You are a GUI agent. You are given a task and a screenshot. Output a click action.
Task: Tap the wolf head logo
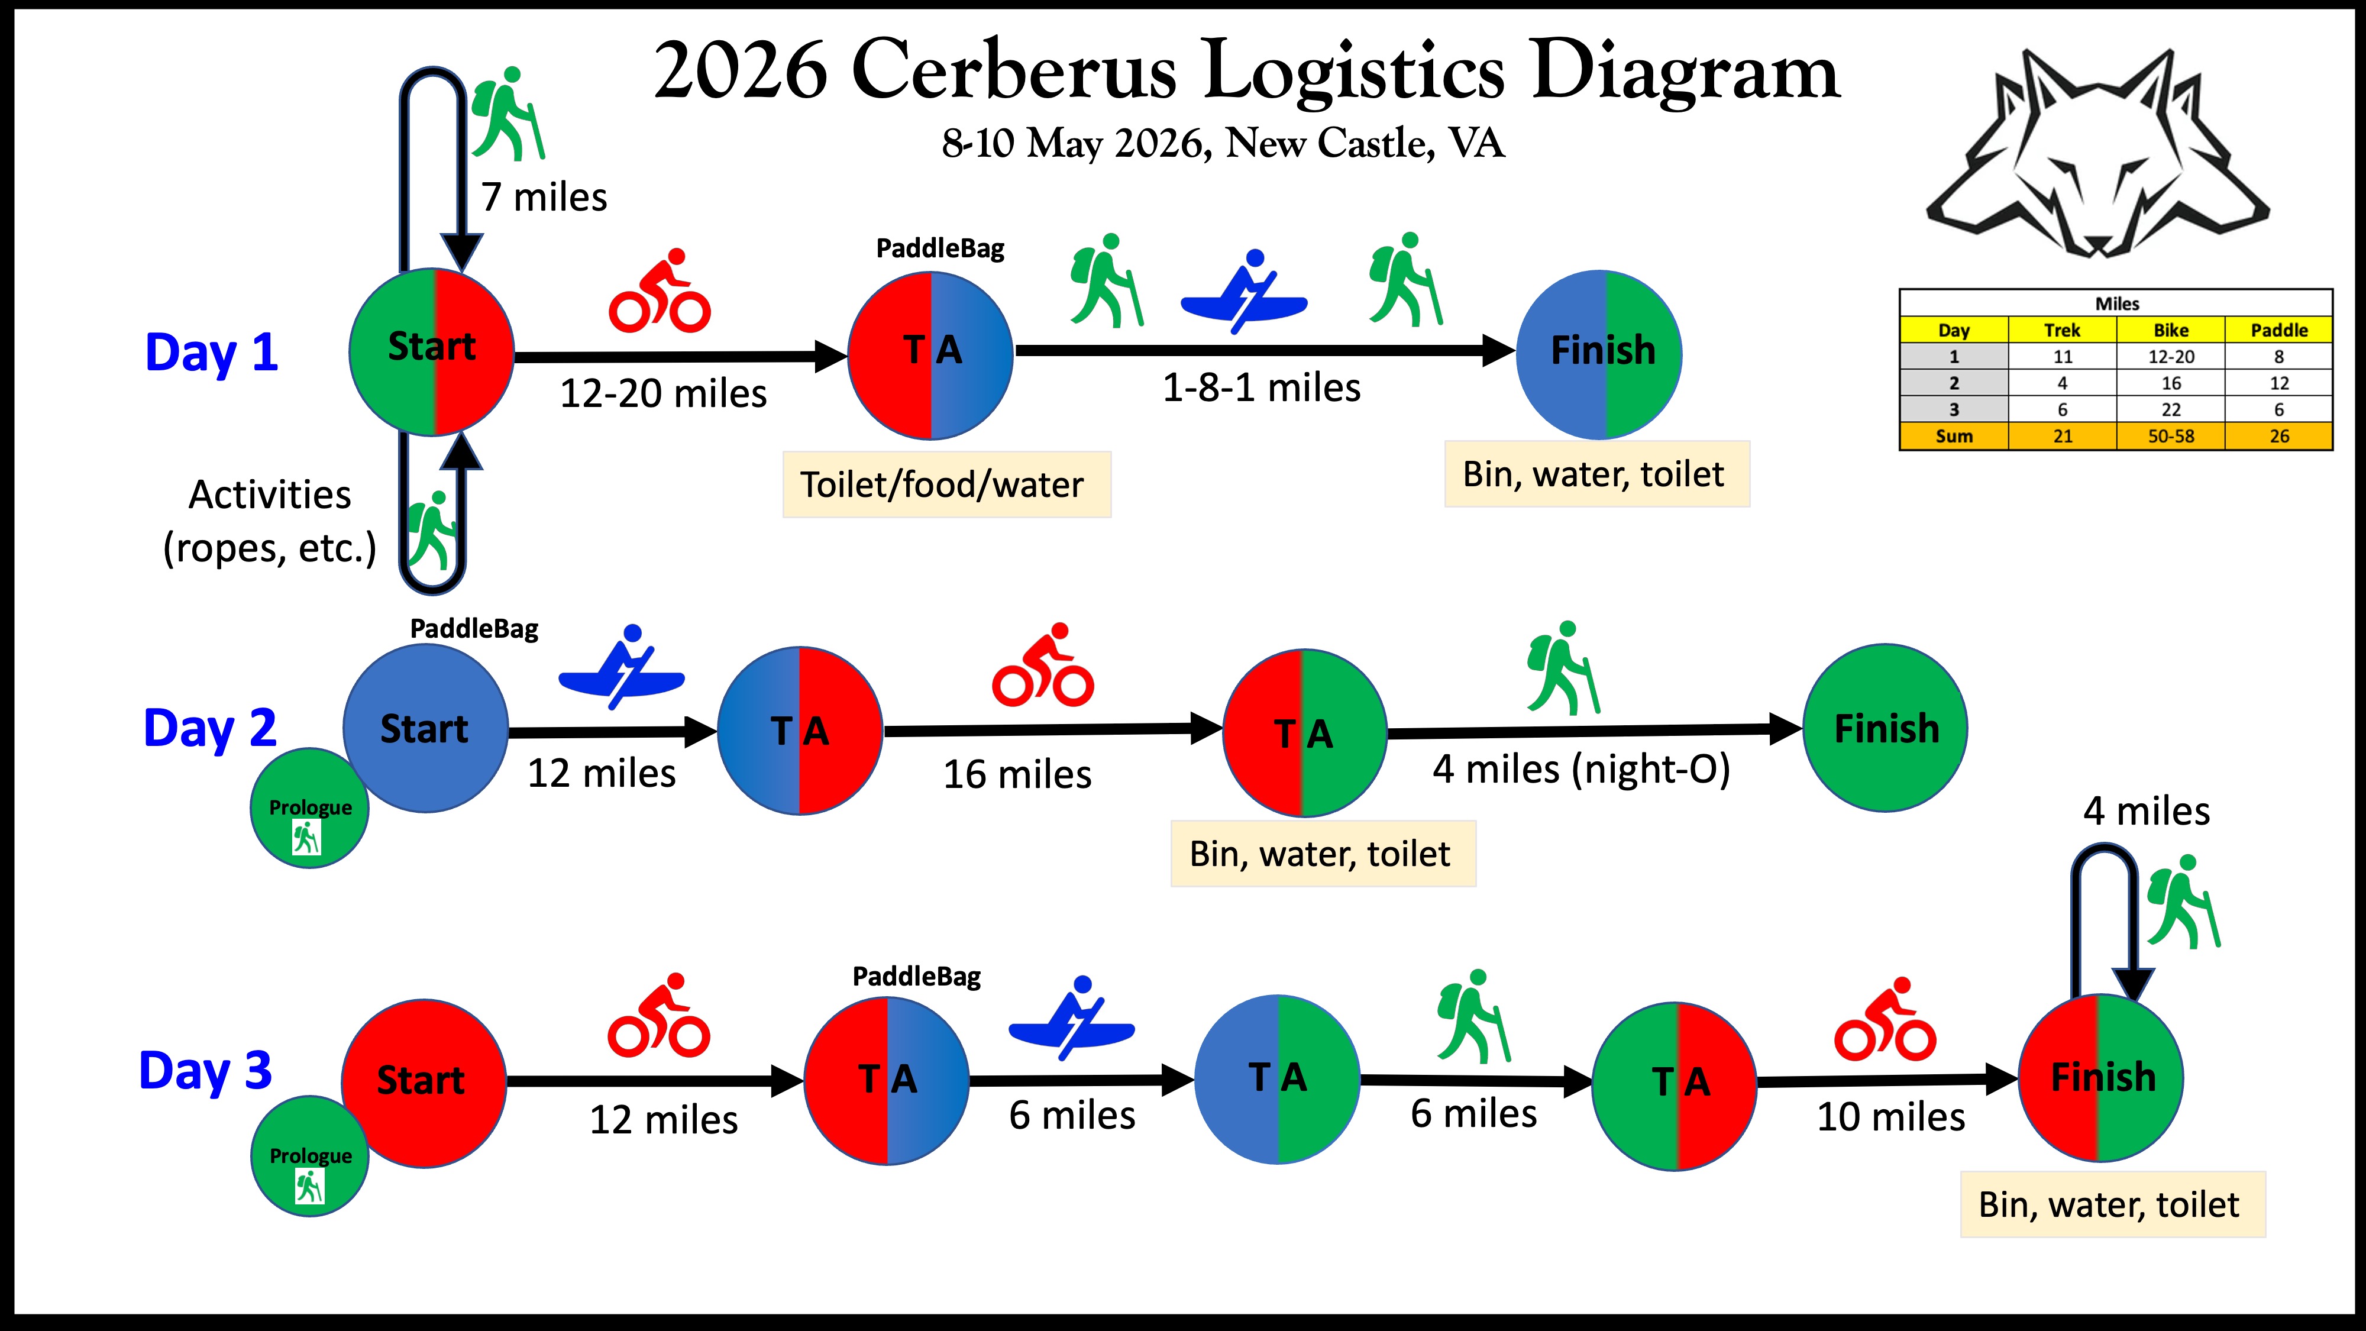pos(2097,156)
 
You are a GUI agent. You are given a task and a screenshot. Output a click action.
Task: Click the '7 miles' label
pos(544,198)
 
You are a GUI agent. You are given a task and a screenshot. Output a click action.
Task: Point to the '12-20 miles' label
pos(663,394)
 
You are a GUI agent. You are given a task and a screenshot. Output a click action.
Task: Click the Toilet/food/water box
pos(946,484)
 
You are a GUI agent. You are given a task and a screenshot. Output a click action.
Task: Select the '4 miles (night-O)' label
pos(1580,769)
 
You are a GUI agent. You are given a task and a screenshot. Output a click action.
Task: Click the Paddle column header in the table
pos(2278,329)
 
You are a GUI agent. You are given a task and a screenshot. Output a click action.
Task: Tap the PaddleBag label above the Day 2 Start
pos(474,629)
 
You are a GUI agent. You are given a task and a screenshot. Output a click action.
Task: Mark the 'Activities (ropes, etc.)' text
pos(269,521)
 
